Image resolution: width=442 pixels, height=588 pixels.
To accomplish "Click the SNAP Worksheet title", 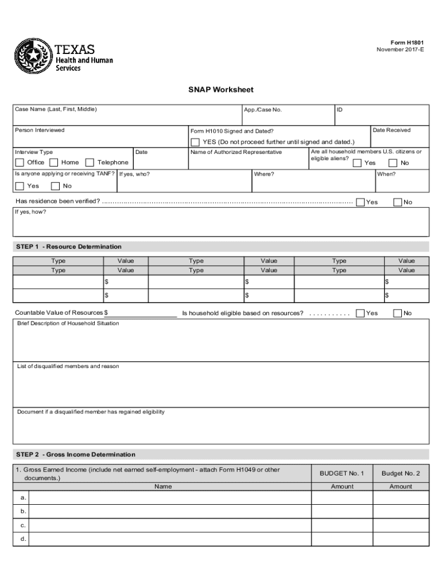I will (221, 90).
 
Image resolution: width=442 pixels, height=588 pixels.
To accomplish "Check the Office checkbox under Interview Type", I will (20, 163).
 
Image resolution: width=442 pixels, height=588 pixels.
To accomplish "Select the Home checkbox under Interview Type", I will (54, 163).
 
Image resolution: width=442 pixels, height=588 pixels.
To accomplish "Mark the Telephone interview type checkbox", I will (90, 163).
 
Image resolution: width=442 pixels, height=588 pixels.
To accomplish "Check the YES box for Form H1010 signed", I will (195, 142).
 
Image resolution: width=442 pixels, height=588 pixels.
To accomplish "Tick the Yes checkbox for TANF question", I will (20, 186).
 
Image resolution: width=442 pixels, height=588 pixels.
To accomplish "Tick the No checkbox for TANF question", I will (55, 186).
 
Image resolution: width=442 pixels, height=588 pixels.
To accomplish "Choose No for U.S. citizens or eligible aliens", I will (393, 163).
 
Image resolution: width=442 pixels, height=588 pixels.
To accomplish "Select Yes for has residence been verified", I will (360, 202).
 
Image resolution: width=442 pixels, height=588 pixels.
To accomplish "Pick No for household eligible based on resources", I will (397, 313).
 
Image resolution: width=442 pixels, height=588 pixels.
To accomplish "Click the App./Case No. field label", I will (263, 110).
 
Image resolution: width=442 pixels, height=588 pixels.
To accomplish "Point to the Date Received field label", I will (391, 130).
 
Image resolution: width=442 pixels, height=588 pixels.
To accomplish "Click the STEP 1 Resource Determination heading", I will (69, 247).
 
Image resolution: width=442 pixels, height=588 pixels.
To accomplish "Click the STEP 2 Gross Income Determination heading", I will (76, 455).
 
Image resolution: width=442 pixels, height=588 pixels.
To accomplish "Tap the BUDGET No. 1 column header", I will (342, 474).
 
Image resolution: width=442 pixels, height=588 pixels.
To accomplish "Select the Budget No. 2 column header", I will (401, 474).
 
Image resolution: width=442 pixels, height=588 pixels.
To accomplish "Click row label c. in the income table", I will (23, 525).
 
